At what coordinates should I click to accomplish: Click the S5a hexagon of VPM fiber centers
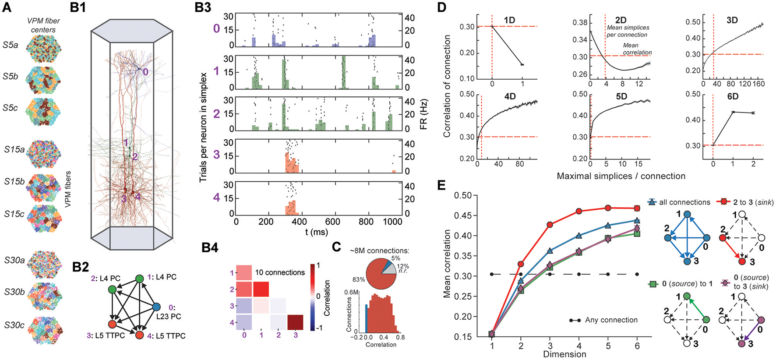point(43,49)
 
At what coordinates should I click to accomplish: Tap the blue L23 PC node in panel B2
point(156,307)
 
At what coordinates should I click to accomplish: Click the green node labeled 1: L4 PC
point(140,279)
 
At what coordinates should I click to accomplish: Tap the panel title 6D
point(733,96)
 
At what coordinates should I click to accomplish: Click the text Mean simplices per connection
point(627,31)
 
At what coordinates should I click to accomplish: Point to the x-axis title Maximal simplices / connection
point(621,176)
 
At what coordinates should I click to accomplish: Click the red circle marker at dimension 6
point(637,208)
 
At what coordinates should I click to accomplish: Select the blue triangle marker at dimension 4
point(579,236)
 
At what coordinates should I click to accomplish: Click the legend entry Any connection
point(611,320)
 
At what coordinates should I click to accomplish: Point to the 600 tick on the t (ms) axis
point(333,222)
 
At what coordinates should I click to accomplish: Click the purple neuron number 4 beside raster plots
point(216,198)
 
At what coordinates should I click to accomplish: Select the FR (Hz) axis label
point(423,115)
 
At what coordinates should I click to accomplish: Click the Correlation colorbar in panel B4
point(313,296)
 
